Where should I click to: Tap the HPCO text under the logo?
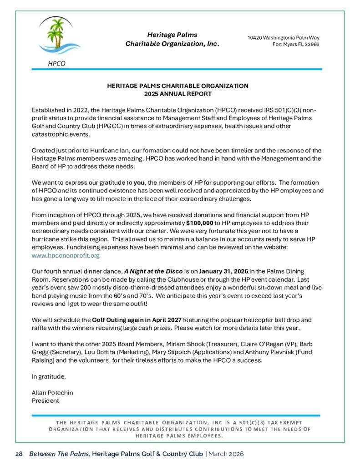click(57, 64)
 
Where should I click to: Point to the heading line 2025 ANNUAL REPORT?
click(177, 94)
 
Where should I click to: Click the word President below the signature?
click(46, 400)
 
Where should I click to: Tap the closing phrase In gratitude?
click(49, 376)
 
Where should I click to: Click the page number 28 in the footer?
click(19, 454)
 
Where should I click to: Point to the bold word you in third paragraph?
click(139, 182)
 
